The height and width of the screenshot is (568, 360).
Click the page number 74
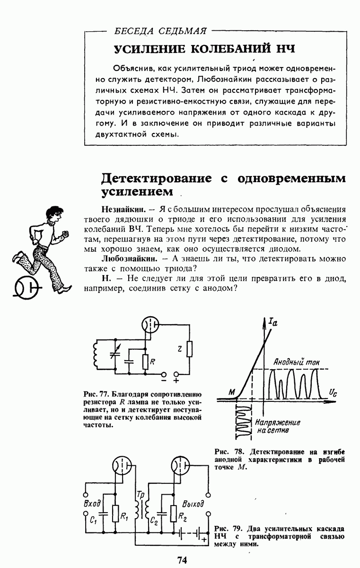click(182, 560)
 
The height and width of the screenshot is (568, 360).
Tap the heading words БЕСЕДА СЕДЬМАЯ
click(160, 32)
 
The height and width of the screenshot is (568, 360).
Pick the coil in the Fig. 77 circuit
click(97, 355)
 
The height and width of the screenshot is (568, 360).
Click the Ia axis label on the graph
click(272, 322)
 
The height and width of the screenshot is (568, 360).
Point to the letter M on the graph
click(231, 392)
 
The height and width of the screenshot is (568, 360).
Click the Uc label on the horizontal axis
click(333, 392)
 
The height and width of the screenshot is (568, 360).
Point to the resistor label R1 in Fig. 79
click(124, 517)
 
